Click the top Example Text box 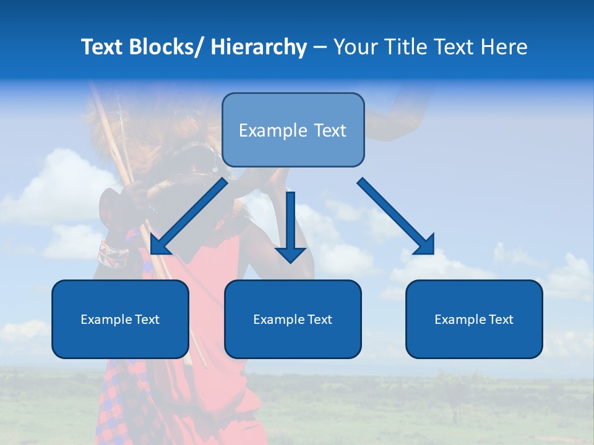[x=293, y=130]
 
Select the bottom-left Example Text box [x=120, y=319]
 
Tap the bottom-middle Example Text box [x=292, y=319]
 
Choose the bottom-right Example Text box [x=474, y=319]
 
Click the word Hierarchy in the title [x=259, y=47]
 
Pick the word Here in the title [x=502, y=47]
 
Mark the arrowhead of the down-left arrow [x=160, y=245]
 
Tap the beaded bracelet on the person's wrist [x=113, y=254]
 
